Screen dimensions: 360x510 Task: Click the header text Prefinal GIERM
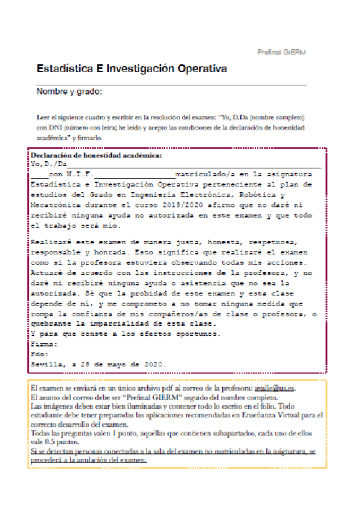click(281, 53)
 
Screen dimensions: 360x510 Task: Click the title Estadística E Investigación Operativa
click(132, 69)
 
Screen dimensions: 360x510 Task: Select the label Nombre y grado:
click(70, 91)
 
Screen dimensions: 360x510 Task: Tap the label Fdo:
click(40, 354)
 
